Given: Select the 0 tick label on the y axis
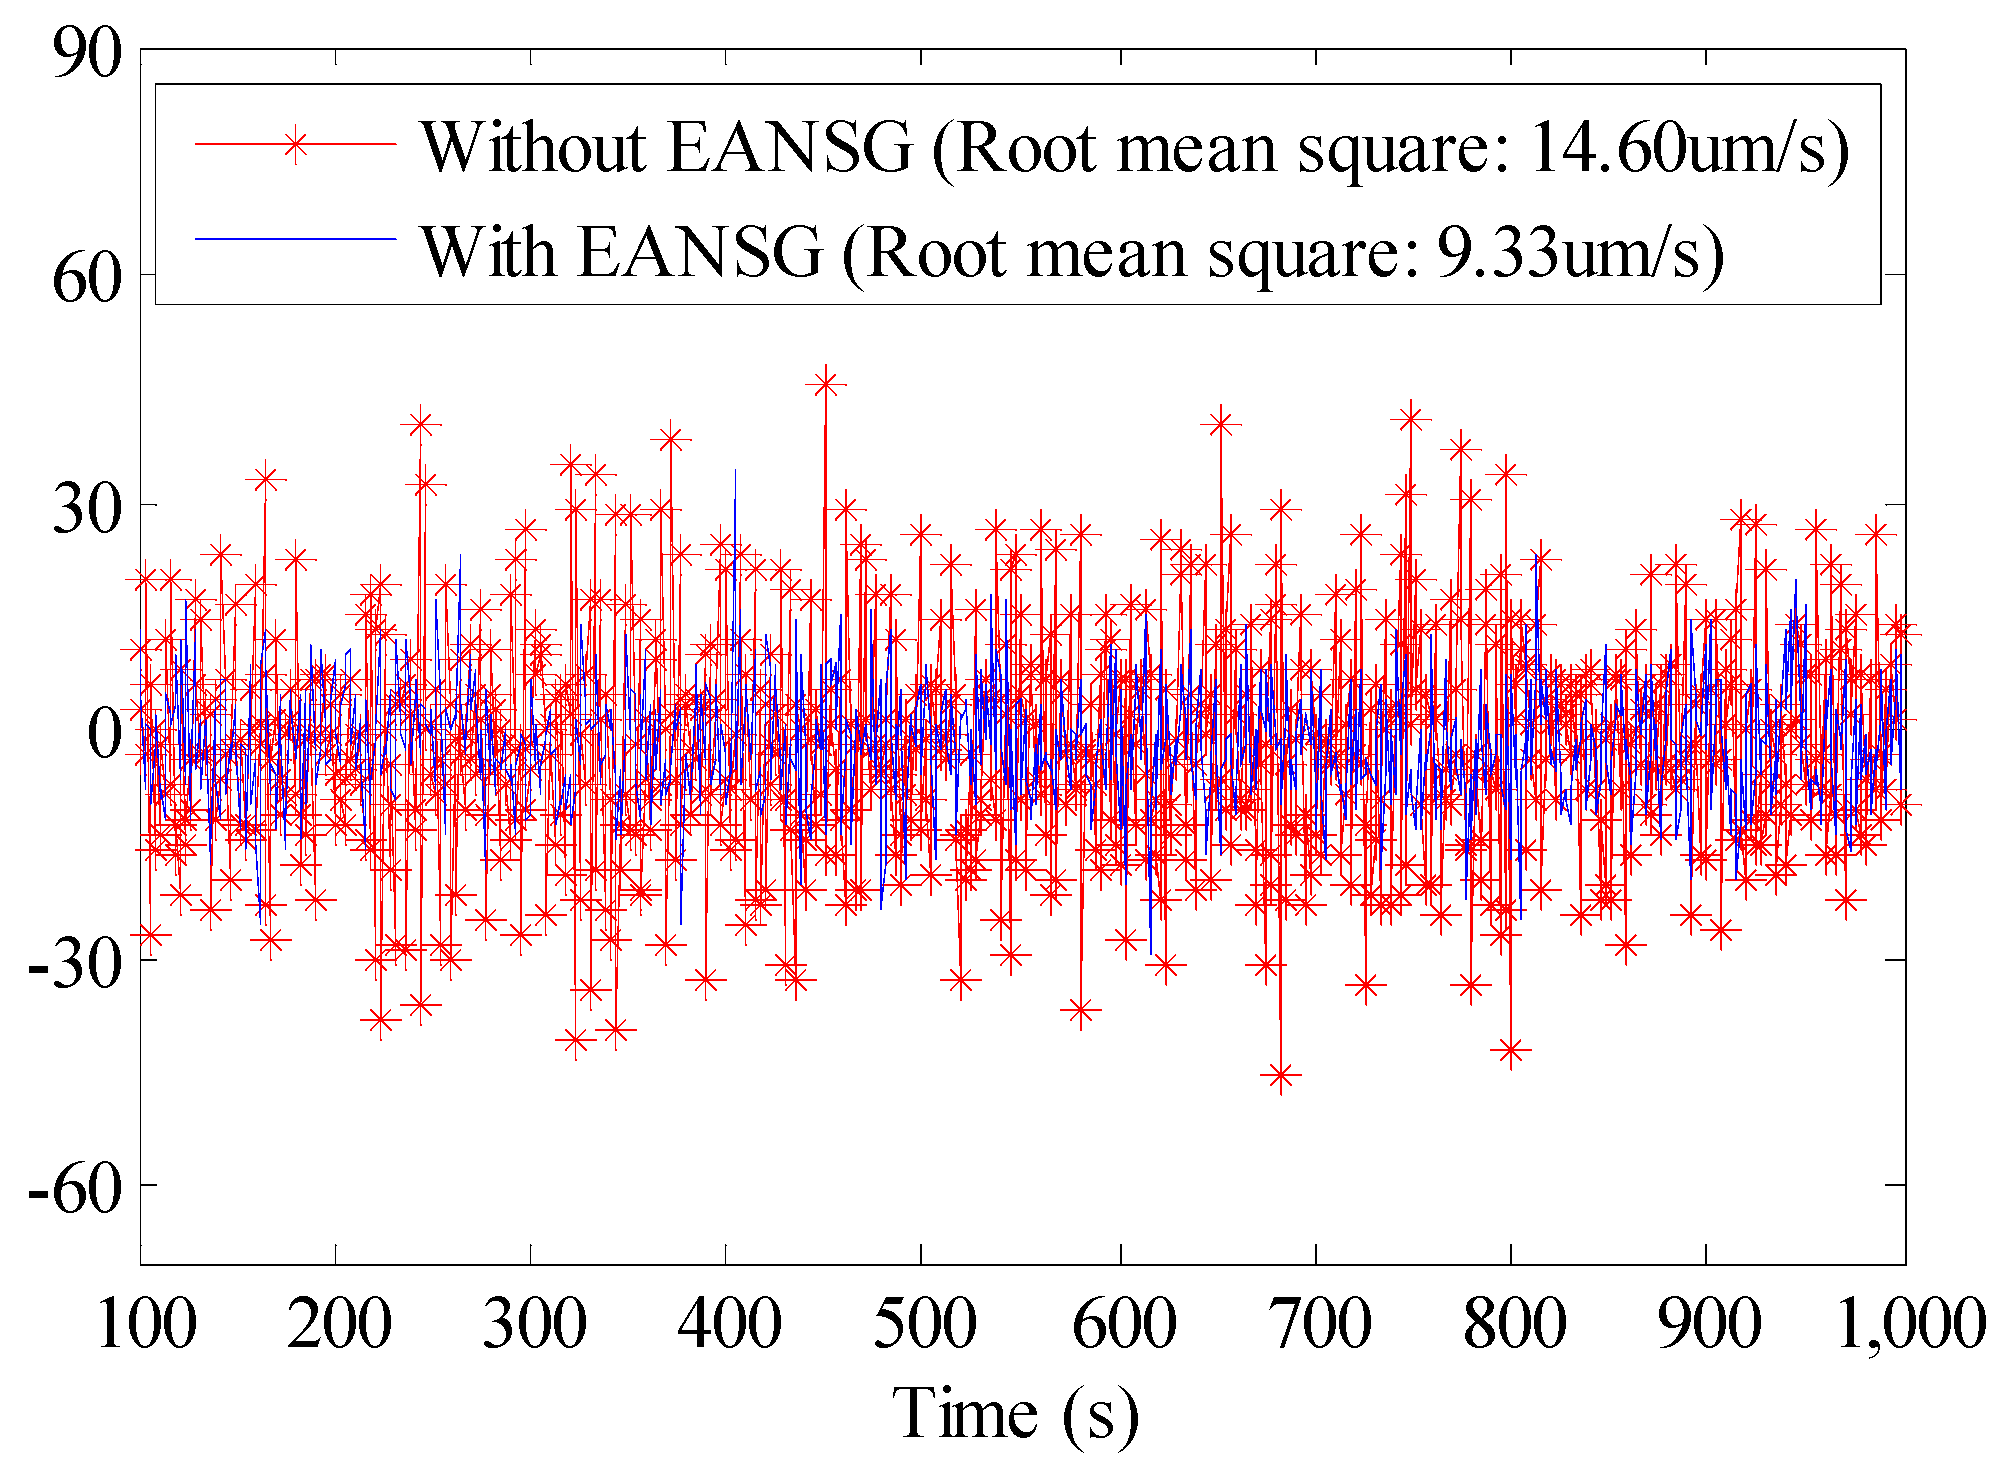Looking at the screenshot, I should click(x=104, y=735).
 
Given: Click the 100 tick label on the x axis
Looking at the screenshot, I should click(x=146, y=1325).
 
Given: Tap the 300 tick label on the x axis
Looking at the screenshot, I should click(x=534, y=1325).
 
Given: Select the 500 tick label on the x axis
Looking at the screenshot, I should click(x=924, y=1325).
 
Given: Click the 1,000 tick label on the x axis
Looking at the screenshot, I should click(x=1911, y=1325).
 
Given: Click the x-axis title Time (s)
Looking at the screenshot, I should click(x=1014, y=1415).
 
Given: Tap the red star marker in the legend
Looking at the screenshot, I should click(x=295, y=145).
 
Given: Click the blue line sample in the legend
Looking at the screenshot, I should click(x=295, y=238).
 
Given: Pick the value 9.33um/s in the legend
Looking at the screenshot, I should click(x=1580, y=252).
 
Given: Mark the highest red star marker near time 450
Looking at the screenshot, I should click(x=825, y=384).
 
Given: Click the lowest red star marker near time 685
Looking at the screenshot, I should click(x=1281, y=1076).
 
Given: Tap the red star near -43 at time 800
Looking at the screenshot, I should click(x=1511, y=1051).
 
